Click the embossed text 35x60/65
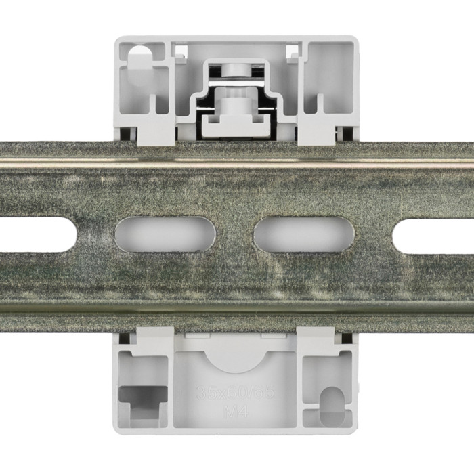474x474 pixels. tap(235, 393)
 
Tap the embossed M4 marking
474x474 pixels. tap(235, 410)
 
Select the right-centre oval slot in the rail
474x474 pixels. tap(304, 234)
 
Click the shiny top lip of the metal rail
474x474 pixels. tap(237, 163)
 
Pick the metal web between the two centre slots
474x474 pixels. tap(235, 234)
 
